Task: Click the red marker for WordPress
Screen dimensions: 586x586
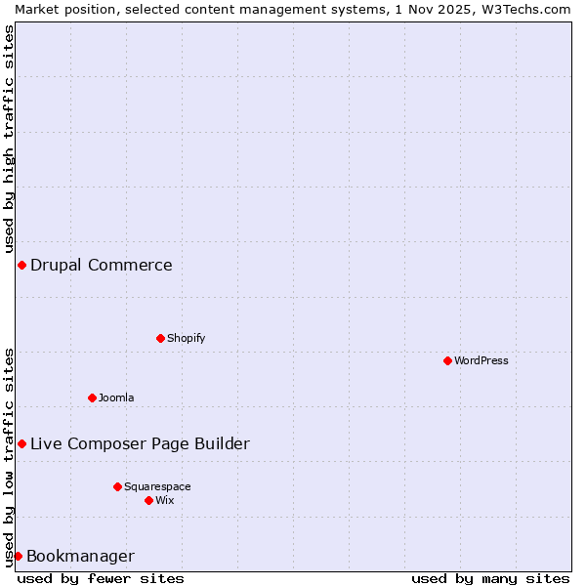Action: pos(447,360)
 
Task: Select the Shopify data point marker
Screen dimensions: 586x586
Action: pos(160,338)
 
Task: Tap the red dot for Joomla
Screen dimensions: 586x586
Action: pos(92,398)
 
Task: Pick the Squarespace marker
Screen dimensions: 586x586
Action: pos(117,486)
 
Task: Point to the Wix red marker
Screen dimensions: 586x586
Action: pos(148,500)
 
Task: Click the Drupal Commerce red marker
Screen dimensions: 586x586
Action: pos(21,265)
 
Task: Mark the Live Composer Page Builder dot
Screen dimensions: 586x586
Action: pos(21,443)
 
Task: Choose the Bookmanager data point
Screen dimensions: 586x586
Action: pos(18,556)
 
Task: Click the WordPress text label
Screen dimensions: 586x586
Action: pos(481,360)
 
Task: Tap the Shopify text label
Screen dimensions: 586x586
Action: pos(186,338)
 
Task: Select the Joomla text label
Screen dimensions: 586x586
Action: pos(116,398)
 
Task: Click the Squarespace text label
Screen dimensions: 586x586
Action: pos(157,486)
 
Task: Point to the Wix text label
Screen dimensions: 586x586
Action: pos(165,500)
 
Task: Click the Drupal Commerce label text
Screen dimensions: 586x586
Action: pos(102,265)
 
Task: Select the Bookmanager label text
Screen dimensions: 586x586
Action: pos(80,557)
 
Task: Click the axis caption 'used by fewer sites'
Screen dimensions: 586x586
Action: pos(101,578)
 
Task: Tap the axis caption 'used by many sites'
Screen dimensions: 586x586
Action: pos(490,578)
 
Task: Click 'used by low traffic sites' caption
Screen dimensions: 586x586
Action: pos(9,457)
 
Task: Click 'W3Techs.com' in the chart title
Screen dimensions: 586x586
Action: pos(523,9)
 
